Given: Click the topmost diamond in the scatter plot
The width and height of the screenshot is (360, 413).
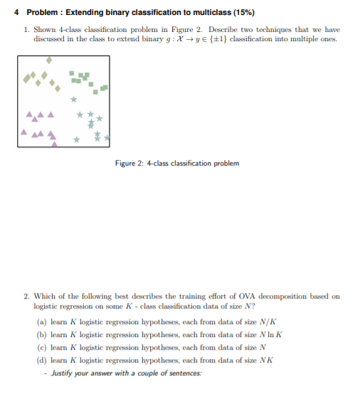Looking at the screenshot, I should tap(49, 60).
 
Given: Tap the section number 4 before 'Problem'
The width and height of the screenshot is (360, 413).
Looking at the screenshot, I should tap(18, 13).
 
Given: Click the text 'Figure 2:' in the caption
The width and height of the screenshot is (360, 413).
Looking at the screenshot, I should tap(129, 163).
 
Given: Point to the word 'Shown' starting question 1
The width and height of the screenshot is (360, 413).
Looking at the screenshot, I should tap(43, 30).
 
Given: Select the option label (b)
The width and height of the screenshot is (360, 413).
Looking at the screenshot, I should tap(39, 334).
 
